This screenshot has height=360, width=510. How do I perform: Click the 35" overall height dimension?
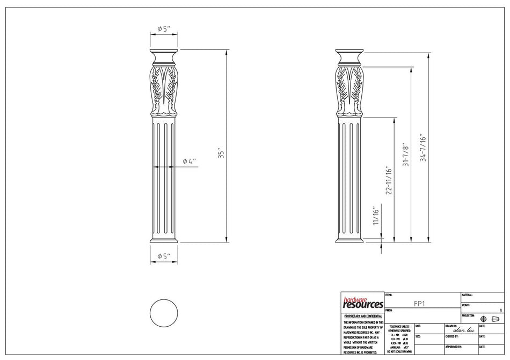219,153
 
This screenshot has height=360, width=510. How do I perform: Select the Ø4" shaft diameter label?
189,161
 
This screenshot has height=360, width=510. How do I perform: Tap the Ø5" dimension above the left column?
163,28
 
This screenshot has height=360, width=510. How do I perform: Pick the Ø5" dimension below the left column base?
163,257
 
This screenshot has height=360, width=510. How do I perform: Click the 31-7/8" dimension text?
406,154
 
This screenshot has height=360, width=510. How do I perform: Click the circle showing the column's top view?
163,313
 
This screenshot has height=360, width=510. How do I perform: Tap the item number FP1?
421,303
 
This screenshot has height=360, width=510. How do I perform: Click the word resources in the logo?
362,305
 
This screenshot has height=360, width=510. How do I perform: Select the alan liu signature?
464,330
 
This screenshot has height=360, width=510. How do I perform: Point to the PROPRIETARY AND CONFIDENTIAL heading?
362,317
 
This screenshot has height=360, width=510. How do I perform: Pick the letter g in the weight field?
500,310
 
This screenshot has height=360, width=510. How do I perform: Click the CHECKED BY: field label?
454,336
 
